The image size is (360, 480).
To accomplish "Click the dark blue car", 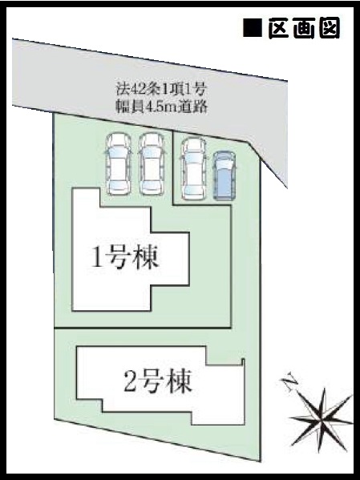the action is [225, 175].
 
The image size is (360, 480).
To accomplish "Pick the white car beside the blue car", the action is [194, 168].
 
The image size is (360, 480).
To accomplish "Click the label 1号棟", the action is [125, 259].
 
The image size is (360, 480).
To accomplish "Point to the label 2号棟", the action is [158, 381].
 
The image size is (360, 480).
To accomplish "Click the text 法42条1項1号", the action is [161, 90].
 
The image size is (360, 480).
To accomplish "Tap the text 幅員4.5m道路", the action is [161, 107].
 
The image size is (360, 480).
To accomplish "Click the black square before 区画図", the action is [253, 28].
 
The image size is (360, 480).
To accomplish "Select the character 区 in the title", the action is [278, 28].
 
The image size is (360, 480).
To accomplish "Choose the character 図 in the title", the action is [330, 28].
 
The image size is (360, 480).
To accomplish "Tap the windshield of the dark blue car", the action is [225, 165].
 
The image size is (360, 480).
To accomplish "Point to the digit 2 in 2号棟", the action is [130, 381].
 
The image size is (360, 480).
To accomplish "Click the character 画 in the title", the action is [304, 28].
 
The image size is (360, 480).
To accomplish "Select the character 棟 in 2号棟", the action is [180, 381].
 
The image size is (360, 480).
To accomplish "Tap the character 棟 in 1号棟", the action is [147, 259].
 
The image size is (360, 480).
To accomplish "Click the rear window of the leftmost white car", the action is [119, 186].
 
